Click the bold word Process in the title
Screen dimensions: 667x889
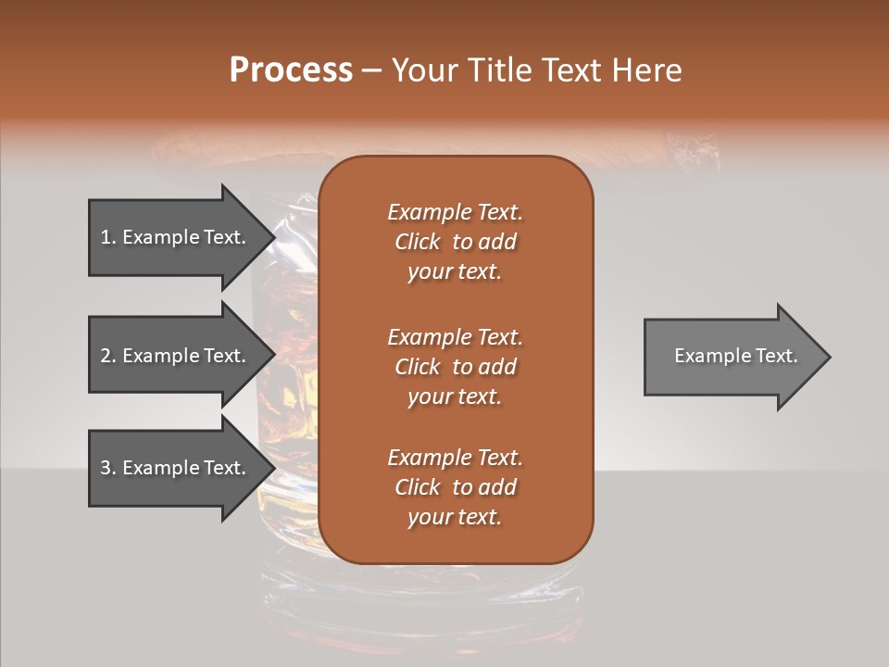(291, 70)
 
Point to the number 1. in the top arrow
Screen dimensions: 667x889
(108, 237)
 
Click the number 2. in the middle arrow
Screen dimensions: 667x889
(108, 356)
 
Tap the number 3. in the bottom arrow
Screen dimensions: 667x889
(108, 468)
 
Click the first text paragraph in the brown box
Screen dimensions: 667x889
(455, 242)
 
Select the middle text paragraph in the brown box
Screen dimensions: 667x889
(455, 367)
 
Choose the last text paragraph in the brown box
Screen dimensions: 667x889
(455, 487)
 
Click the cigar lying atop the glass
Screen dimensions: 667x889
(232, 148)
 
